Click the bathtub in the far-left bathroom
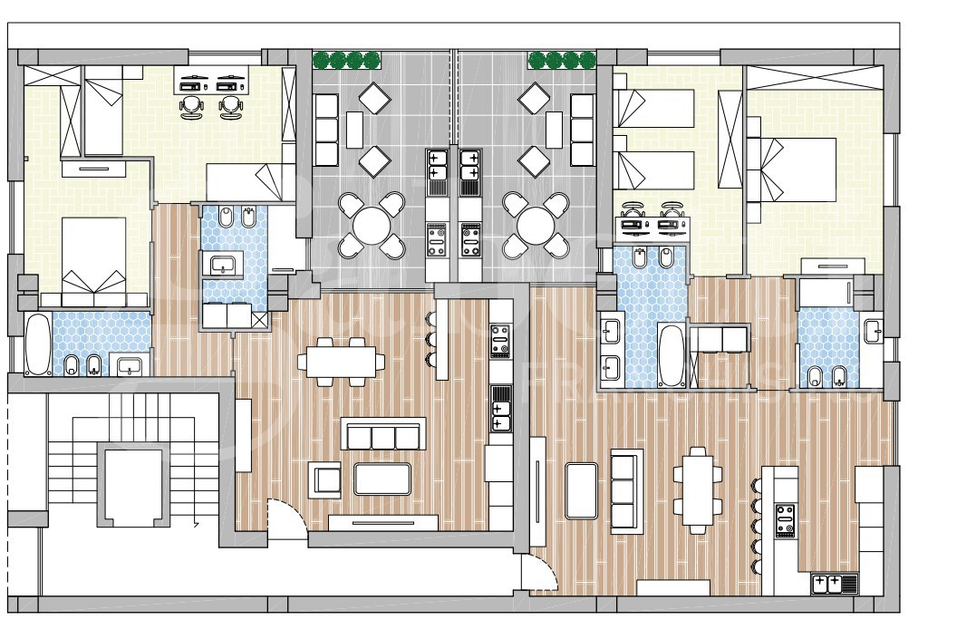pyautogui.click(x=38, y=344)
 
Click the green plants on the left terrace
pyautogui.click(x=346, y=61)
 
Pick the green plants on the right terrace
pyautogui.click(x=561, y=61)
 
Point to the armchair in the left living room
pyautogui.click(x=325, y=479)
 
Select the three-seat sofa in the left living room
pyautogui.click(x=383, y=436)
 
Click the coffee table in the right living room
pyautogui.click(x=581, y=490)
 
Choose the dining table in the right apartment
pyautogui.click(x=697, y=490)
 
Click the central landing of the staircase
pyautogui.click(x=132, y=486)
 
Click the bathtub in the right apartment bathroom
pyautogui.click(x=672, y=354)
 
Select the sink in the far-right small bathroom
pyautogui.click(x=873, y=330)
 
